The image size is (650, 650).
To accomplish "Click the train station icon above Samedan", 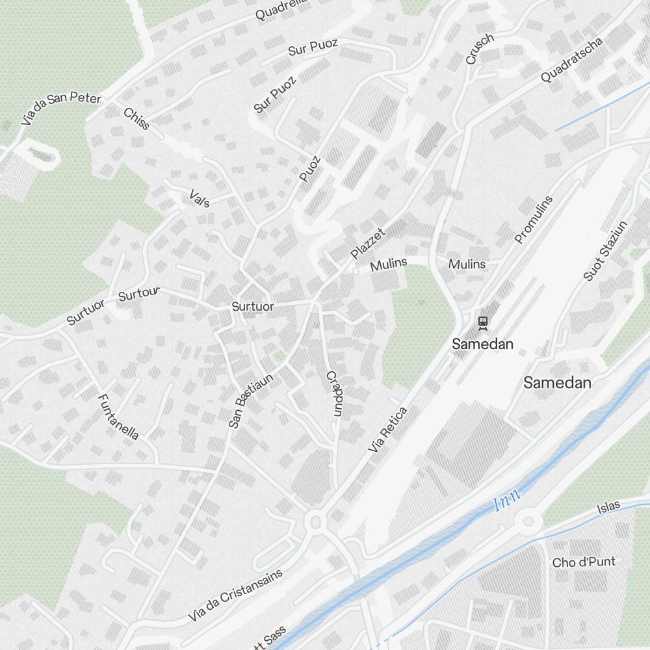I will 483,322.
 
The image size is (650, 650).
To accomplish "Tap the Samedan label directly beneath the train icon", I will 483,344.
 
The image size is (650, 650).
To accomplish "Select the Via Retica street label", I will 387,430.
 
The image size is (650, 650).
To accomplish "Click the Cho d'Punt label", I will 583,562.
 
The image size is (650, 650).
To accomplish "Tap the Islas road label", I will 609,506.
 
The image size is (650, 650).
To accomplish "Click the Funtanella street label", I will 118,417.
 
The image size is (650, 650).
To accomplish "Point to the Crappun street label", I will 334,394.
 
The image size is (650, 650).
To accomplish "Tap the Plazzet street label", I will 368,243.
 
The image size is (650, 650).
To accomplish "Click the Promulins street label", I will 533,220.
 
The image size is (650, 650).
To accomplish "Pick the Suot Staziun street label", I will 605,251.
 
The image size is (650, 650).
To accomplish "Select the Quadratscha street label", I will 571,59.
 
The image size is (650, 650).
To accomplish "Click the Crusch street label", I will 480,49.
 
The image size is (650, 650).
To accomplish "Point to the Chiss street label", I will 136,118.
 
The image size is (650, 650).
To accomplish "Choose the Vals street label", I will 199,199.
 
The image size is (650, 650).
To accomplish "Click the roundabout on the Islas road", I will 528,521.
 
